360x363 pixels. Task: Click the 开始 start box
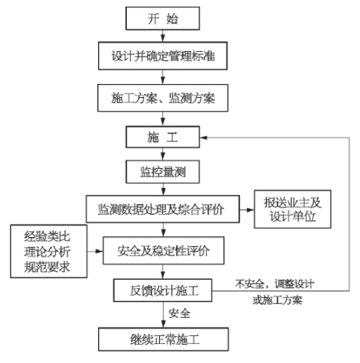tap(162, 18)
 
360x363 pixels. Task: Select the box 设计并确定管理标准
tap(163, 56)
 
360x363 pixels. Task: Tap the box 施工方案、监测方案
tap(163, 98)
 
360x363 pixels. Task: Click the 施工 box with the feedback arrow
tap(162, 137)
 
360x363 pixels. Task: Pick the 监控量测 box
tap(162, 172)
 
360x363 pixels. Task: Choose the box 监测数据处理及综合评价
tap(162, 209)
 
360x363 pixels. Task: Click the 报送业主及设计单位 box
tap(292, 209)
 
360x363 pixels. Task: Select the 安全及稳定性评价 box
tap(163, 250)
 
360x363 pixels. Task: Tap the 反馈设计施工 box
tap(162, 291)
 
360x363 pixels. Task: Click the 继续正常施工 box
tap(163, 339)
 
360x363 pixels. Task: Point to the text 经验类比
tap(47, 236)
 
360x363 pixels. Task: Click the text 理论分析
tap(47, 252)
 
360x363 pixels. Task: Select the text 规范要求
tap(47, 267)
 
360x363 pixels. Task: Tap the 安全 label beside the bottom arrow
tap(180, 313)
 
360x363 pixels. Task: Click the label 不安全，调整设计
tap(274, 284)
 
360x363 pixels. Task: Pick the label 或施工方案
tap(278, 300)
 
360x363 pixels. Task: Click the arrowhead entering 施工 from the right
tap(203, 137)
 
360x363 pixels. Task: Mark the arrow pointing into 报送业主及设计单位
tap(246, 210)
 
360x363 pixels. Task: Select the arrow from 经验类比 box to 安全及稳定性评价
tap(95, 251)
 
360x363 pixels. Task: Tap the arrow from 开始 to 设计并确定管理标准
tap(163, 35)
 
